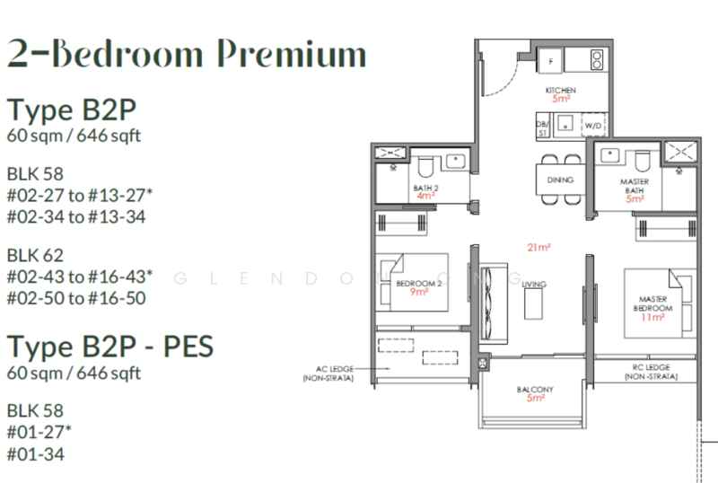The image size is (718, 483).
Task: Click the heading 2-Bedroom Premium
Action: tap(186, 55)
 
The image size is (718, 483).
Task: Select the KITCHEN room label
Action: tap(561, 91)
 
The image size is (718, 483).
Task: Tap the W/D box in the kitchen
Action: tap(594, 127)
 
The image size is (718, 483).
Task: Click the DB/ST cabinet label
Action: tap(542, 128)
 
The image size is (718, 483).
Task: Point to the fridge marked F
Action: tap(550, 61)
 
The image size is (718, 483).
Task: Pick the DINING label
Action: tap(560, 180)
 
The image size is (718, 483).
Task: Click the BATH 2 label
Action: tap(425, 188)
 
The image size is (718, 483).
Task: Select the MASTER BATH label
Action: tap(635, 186)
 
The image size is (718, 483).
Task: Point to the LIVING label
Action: tap(534, 285)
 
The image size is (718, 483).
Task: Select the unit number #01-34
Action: tap(36, 454)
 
